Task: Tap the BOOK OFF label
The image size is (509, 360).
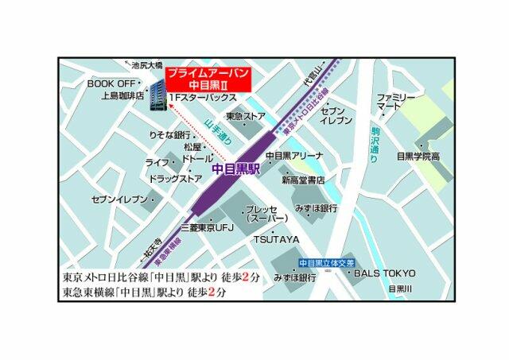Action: click(x=111, y=83)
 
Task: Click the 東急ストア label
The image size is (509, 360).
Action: click(x=246, y=117)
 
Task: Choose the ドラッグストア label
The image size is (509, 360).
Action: click(x=175, y=179)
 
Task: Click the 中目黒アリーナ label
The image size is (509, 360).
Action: click(x=294, y=156)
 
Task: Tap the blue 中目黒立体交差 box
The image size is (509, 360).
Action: click(x=326, y=262)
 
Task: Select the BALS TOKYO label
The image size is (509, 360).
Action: click(x=385, y=273)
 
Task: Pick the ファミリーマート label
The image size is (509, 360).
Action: click(x=396, y=101)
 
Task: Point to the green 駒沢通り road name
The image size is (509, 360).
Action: click(x=375, y=144)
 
